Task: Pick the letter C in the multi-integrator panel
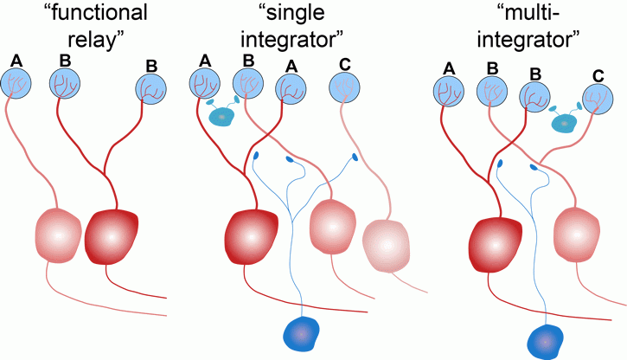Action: click(598, 76)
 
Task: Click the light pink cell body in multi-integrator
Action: click(580, 233)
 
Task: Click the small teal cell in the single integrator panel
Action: click(224, 116)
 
